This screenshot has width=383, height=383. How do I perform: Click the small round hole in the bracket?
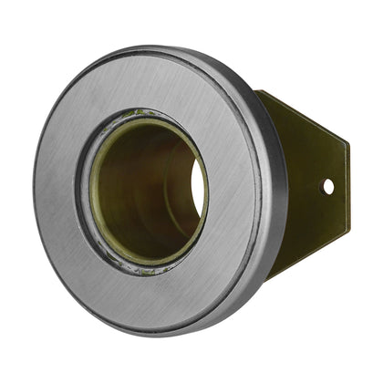[x=328, y=186]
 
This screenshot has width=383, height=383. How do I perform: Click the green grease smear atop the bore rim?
[x=137, y=115]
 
